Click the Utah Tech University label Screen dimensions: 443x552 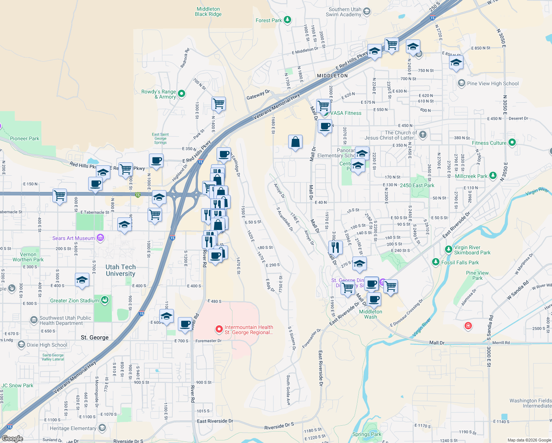click(120, 270)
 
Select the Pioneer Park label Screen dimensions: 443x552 click(24, 139)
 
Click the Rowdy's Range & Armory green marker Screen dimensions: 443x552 click(181, 94)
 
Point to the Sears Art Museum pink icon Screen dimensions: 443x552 click(100, 238)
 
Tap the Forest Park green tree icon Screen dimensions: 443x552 click(287, 20)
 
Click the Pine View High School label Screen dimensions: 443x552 click(493, 84)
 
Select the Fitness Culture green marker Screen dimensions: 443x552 click(512, 142)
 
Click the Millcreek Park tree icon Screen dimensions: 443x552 click(493, 176)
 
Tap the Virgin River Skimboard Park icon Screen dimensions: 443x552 click(448, 250)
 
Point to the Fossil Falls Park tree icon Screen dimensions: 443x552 click(436, 262)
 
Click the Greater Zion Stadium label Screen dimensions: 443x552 click(75, 301)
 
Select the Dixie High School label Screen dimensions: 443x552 click(47, 345)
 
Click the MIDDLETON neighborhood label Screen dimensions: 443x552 click(332, 76)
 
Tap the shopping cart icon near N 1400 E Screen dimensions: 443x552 click(218, 104)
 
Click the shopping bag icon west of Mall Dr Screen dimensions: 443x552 click(295, 142)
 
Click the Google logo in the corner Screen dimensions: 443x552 click(12, 439)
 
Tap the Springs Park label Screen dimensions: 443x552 click(367, 435)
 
